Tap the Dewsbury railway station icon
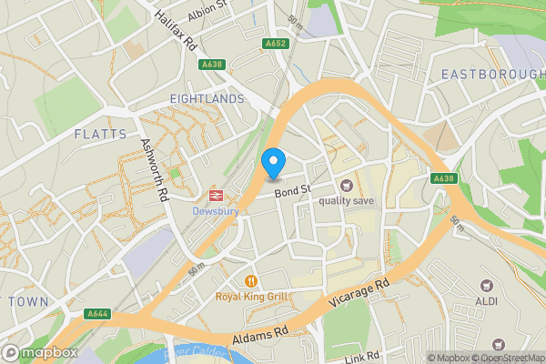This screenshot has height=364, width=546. [x=216, y=195]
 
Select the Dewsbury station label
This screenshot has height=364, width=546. [x=216, y=211]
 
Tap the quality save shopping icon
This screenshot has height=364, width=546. [x=347, y=186]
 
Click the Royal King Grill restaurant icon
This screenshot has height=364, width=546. [x=250, y=280]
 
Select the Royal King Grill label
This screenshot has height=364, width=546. [x=251, y=297]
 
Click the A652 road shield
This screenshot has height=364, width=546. [x=276, y=43]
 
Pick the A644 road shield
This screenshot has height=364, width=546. [x=98, y=314]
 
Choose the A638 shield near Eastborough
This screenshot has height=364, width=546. [x=443, y=178]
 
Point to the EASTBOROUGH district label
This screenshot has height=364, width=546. [x=492, y=73]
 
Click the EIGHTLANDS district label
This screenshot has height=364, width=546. [x=207, y=98]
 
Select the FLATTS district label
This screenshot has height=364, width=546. [x=101, y=134]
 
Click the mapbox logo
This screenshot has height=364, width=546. [x=40, y=352]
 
